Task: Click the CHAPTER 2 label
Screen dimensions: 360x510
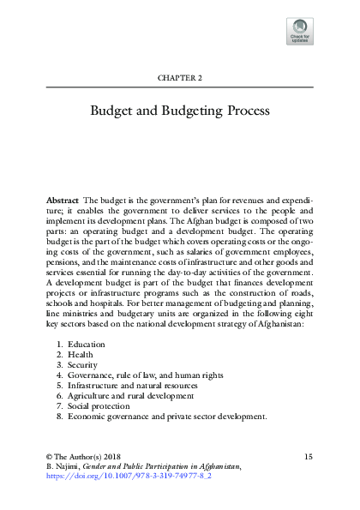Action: [180, 76]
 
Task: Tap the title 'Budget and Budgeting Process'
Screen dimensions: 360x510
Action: [180, 111]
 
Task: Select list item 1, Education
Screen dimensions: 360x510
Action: [85, 344]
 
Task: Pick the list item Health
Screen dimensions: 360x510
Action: [80, 354]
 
